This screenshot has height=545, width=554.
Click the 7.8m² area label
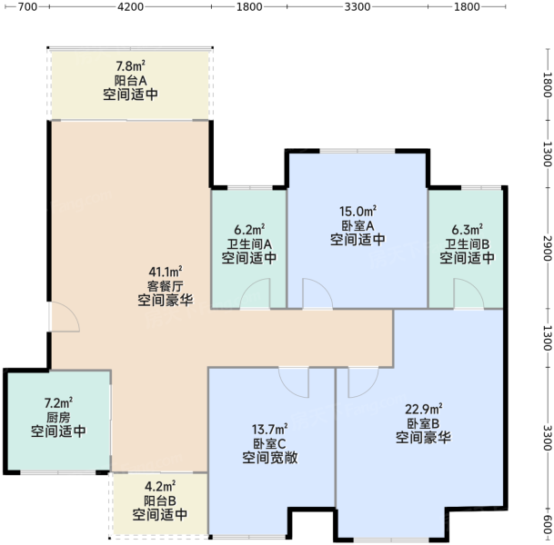(131, 66)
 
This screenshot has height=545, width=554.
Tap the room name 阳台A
(131, 81)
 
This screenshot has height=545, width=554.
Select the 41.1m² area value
(166, 272)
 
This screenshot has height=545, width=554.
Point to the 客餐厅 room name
(166, 286)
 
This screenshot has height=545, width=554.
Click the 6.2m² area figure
(249, 230)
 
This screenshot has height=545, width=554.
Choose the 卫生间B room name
(467, 244)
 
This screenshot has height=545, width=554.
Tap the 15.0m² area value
(358, 212)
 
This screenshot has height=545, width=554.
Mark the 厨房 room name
(58, 417)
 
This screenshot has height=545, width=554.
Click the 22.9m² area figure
(423, 409)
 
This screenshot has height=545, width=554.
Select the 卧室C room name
(269, 443)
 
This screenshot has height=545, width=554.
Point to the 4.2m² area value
(160, 487)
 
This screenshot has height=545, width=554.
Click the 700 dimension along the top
(27, 6)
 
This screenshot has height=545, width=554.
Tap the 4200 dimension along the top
(130, 6)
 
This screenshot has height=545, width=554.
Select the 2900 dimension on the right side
(547, 248)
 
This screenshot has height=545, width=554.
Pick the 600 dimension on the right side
(547, 525)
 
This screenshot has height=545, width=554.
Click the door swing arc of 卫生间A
(249, 285)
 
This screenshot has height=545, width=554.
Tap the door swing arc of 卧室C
(288, 389)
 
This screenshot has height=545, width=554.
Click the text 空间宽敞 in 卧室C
(269, 458)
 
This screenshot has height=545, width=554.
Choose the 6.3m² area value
(467, 230)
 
